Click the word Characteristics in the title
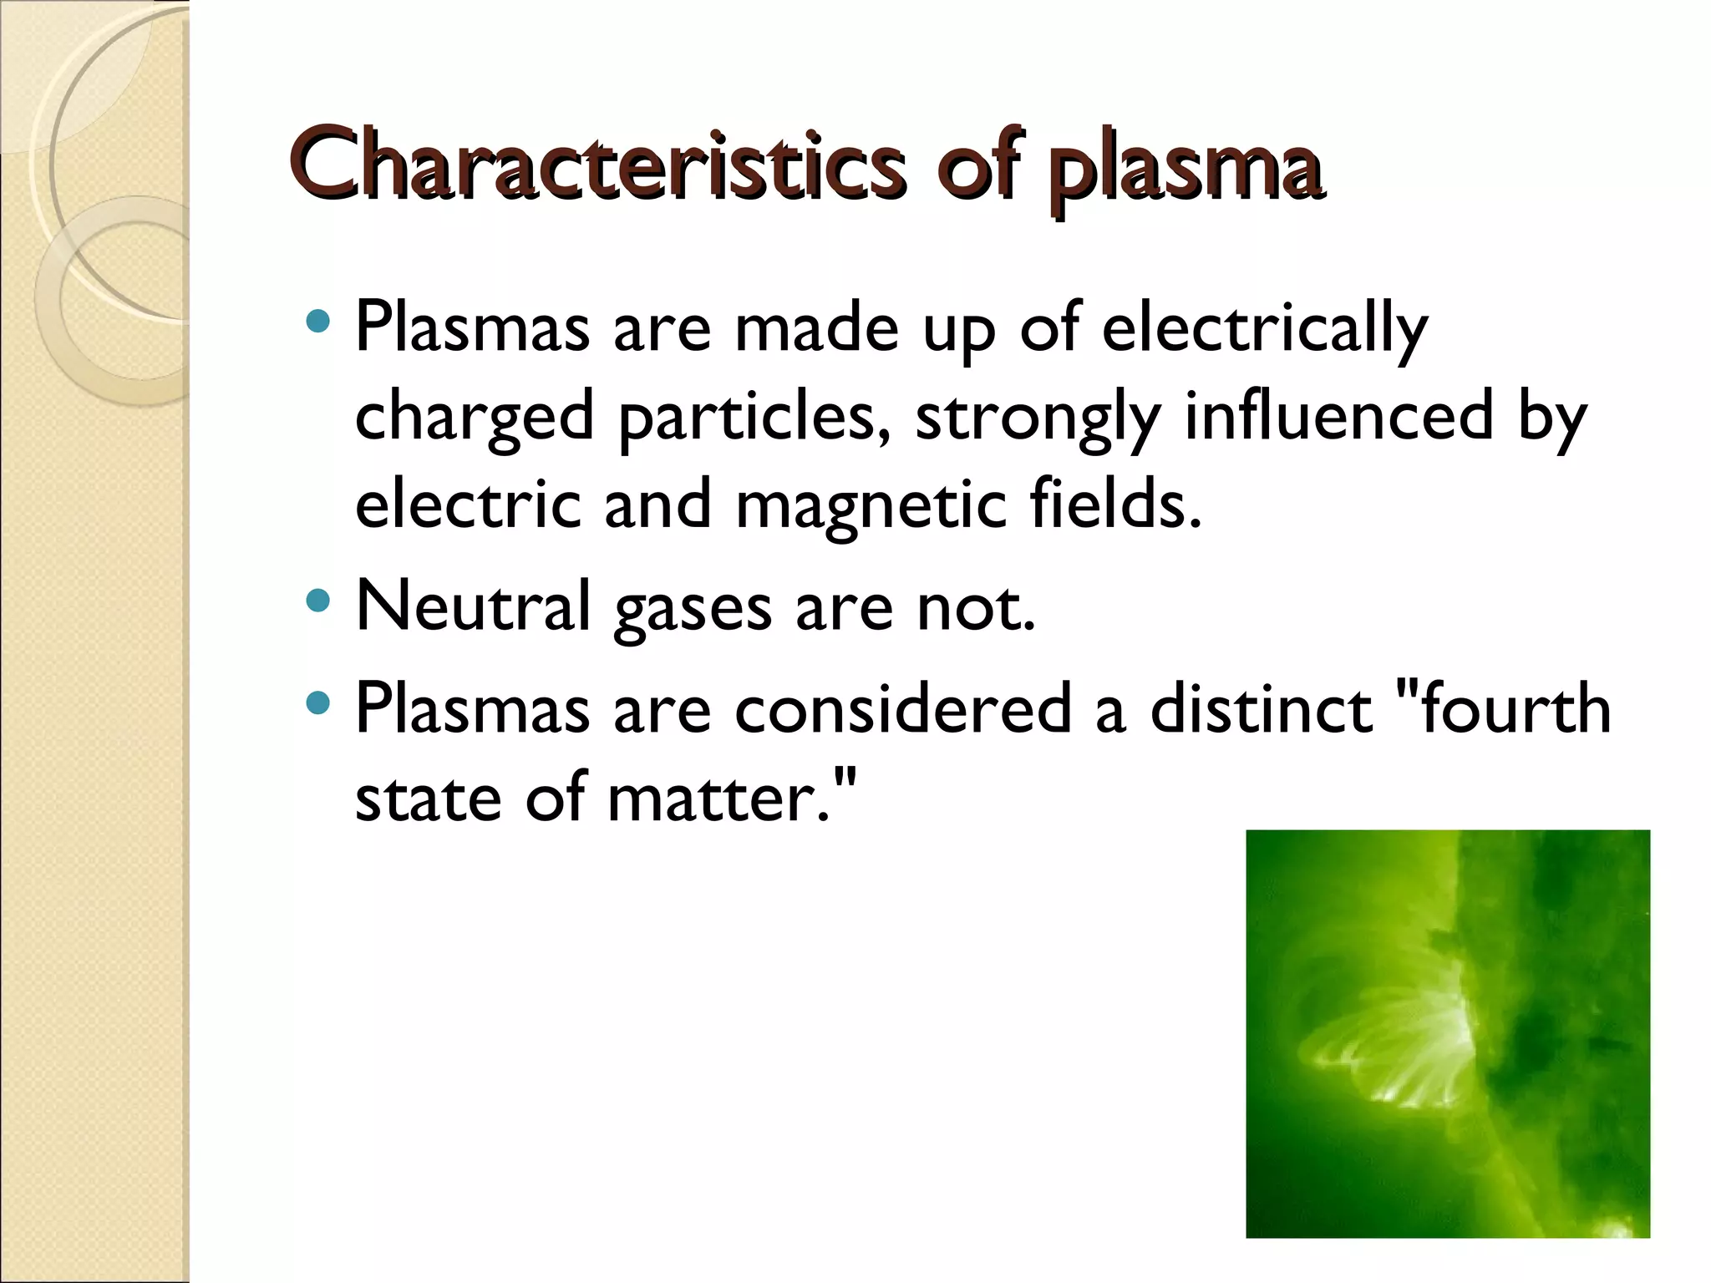[597, 165]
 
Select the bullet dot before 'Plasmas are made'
[318, 321]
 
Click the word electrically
[1264, 327]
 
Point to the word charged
[474, 416]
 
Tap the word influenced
[1338, 416]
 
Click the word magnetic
[871, 505]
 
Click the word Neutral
[473, 606]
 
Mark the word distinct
[1261, 708]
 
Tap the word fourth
[1514, 708]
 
